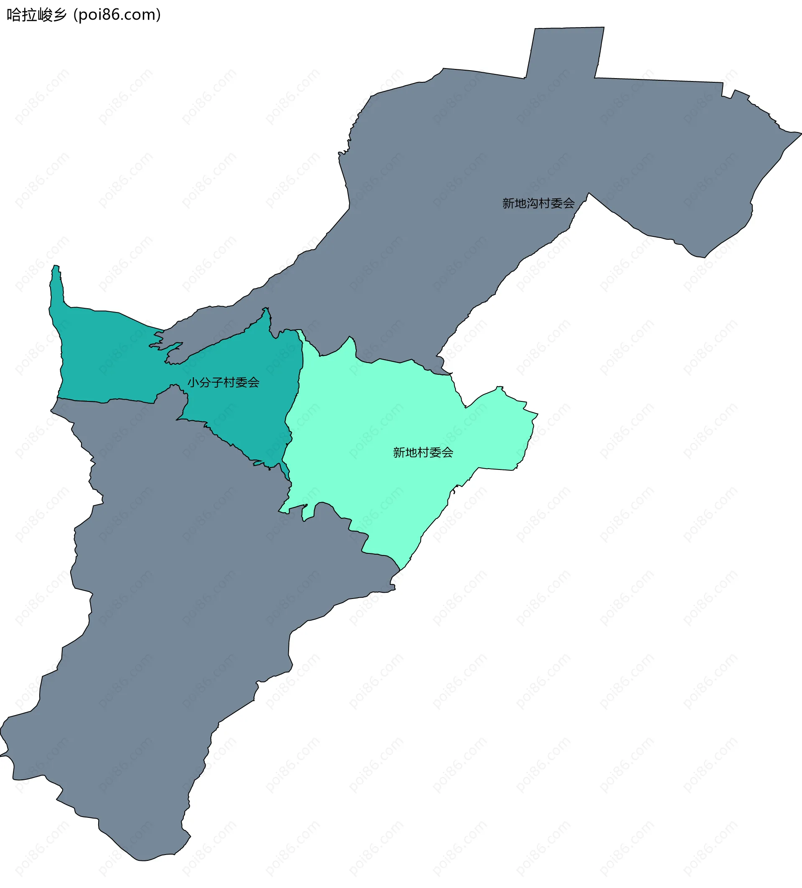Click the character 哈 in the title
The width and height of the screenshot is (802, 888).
pyautogui.click(x=13, y=15)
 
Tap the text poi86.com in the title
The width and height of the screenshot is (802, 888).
pyautogui.click(x=117, y=15)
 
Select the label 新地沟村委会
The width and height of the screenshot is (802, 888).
pyautogui.click(x=538, y=203)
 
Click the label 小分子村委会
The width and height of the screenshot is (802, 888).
pyautogui.click(x=223, y=382)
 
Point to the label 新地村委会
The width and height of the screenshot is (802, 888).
pyautogui.click(x=423, y=452)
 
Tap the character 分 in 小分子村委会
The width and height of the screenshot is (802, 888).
pyautogui.click(x=206, y=382)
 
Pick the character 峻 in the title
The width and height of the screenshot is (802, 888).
pyautogui.click(x=44, y=15)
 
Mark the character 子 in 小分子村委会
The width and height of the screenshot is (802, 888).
pyautogui.click(x=218, y=382)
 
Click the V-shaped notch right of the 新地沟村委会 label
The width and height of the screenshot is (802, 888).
pyautogui.click(x=589, y=194)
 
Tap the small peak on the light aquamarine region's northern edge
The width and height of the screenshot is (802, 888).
pyautogui.click(x=350, y=338)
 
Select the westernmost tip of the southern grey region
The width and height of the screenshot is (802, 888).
pyautogui.click(x=1, y=756)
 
